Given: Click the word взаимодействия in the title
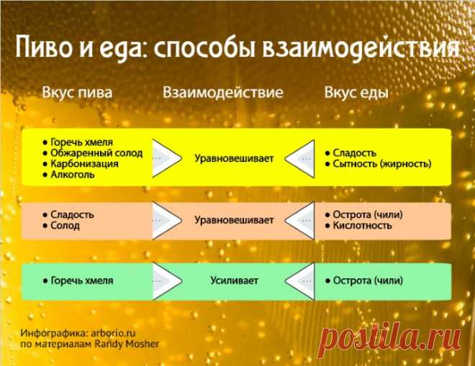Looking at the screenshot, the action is pyautogui.click(x=361, y=47).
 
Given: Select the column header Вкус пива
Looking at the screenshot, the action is pyautogui.click(x=77, y=93).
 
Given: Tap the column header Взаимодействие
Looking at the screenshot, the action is pyautogui.click(x=223, y=93).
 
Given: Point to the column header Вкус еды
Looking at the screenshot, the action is pyautogui.click(x=356, y=93).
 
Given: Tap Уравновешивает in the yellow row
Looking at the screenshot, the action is pyautogui.click(x=234, y=158).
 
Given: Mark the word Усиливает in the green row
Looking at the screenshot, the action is pyautogui.click(x=234, y=280).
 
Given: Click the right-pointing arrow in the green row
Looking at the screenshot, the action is pyautogui.click(x=167, y=281).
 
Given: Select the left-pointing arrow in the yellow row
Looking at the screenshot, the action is pyautogui.click(x=299, y=159).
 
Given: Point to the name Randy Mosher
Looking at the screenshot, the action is pyautogui.click(x=127, y=344).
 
